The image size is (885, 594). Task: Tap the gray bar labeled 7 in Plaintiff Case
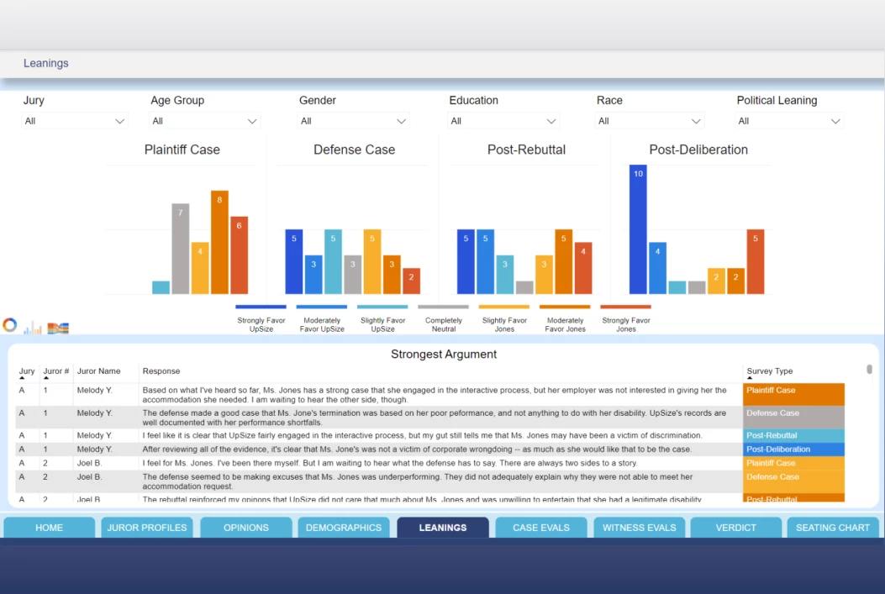(180, 249)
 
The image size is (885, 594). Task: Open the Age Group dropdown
(204, 121)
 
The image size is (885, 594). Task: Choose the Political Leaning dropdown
(788, 121)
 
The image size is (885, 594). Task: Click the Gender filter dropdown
(353, 121)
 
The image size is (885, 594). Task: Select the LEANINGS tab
(443, 528)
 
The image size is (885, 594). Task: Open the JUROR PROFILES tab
(147, 528)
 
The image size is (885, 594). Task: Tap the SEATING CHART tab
(832, 528)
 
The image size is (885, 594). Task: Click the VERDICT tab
(735, 528)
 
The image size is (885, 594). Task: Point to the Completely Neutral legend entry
(444, 319)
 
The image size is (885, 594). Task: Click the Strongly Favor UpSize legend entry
(261, 319)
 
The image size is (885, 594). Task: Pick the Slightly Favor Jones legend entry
(504, 319)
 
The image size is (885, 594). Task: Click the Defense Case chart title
(354, 150)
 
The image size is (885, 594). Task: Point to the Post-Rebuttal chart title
(526, 150)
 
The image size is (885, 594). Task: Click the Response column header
(161, 371)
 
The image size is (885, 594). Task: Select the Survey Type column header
(769, 371)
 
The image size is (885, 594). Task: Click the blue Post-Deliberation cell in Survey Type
(793, 449)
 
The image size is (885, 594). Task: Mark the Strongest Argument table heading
(443, 355)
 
